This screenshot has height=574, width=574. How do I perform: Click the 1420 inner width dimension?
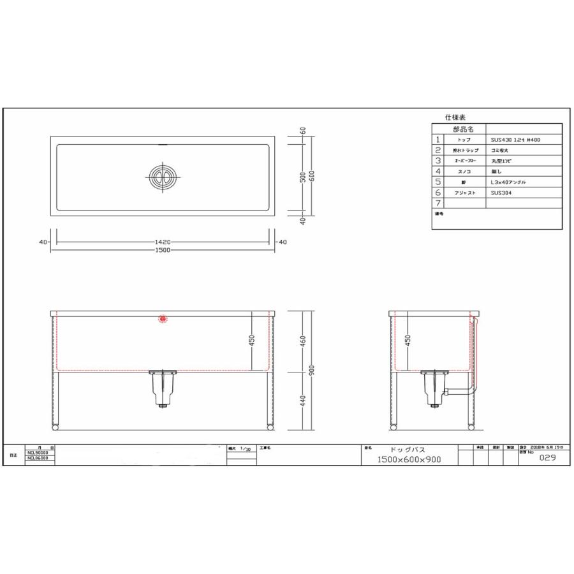(163, 242)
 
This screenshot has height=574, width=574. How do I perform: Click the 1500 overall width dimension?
(163, 250)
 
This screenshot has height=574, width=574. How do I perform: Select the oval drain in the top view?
(161, 176)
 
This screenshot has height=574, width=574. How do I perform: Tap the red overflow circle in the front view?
(163, 318)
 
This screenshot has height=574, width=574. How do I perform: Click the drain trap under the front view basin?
(163, 387)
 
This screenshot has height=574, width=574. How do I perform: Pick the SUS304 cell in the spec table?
(503, 192)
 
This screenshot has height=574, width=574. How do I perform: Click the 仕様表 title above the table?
(455, 118)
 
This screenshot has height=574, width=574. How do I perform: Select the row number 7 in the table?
(438, 203)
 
